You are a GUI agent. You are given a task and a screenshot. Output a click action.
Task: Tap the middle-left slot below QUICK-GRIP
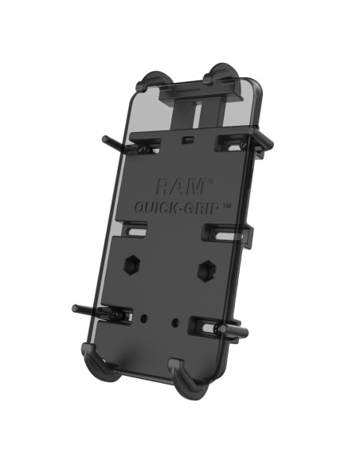tap(136, 232)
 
